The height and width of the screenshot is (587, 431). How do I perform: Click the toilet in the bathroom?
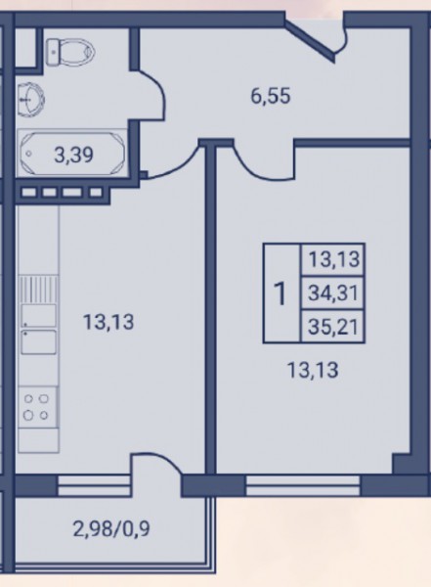coord(70,51)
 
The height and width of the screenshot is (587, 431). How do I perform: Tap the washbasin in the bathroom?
coord(32,100)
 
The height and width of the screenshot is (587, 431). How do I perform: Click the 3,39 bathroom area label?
coord(73,156)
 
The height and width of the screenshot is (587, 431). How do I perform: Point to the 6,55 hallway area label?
coord(271,96)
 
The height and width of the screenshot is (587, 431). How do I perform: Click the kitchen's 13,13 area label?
coord(108,322)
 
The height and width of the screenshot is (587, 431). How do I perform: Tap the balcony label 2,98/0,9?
coord(111,529)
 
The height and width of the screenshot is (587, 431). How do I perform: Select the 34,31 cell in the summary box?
coord(333,293)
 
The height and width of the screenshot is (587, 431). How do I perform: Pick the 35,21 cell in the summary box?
coord(333,327)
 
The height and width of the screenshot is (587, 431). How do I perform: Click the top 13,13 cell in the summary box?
coord(333,260)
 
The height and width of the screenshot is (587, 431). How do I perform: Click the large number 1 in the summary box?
coord(280,294)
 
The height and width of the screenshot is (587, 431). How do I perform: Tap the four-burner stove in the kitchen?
coord(37,407)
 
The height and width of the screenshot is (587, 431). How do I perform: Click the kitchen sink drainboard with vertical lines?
coord(38,290)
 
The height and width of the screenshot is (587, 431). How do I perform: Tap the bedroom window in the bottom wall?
coord(303,485)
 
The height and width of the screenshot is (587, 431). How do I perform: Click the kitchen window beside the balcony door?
coord(94,485)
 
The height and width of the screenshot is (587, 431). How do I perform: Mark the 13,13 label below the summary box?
coord(313,371)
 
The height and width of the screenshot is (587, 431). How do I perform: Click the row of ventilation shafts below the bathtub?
coord(62,193)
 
